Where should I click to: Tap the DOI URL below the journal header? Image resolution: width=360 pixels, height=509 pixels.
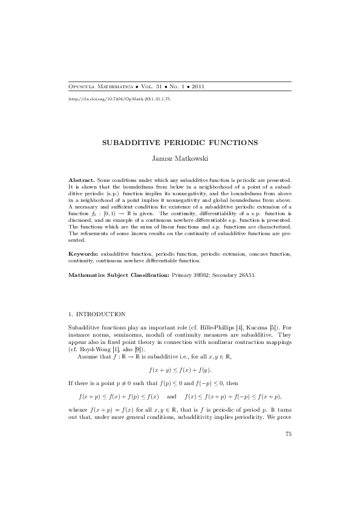coord(119,98)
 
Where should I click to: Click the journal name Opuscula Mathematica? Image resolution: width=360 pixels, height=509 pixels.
coord(101,86)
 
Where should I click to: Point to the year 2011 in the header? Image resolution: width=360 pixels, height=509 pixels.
coord(197,86)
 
